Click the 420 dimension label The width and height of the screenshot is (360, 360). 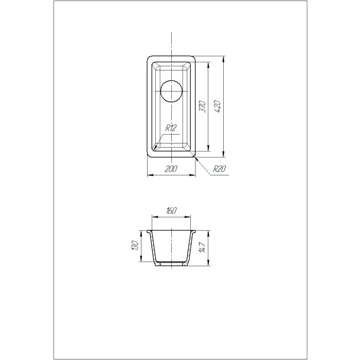click(218, 106)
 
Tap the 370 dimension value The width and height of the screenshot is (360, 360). click(202, 106)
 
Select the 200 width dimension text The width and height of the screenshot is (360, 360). click(171, 169)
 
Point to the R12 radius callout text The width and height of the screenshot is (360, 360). click(171, 128)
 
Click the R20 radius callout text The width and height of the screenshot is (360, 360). click(220, 169)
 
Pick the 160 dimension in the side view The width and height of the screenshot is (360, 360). click(171, 210)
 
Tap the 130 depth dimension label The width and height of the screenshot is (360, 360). click(135, 245)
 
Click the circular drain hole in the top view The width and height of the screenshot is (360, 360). click(171, 91)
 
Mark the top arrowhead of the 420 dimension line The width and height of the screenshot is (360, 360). click(223, 59)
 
